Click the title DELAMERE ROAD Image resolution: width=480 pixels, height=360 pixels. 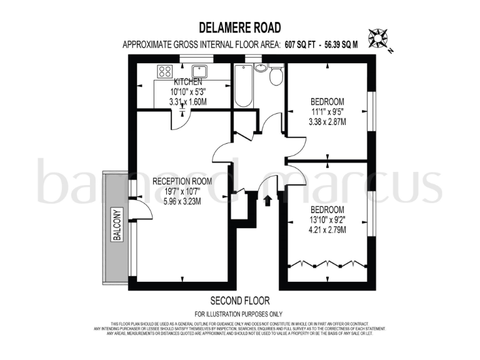(x=240, y=27)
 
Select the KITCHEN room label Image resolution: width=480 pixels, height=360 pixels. (x=187, y=82)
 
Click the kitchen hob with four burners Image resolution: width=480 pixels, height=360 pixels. (x=165, y=71)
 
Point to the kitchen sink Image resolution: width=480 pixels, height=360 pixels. (x=202, y=70)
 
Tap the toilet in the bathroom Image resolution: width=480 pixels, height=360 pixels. (x=275, y=75)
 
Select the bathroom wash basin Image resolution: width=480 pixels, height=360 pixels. (x=261, y=67)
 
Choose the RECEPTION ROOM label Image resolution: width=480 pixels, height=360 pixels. (x=182, y=181)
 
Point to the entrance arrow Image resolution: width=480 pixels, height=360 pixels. (x=268, y=201)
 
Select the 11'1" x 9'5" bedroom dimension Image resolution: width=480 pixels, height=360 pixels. (x=327, y=112)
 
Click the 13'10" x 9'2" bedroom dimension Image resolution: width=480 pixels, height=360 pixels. (x=327, y=220)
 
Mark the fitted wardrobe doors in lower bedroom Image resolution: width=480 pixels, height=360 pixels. (x=326, y=263)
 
